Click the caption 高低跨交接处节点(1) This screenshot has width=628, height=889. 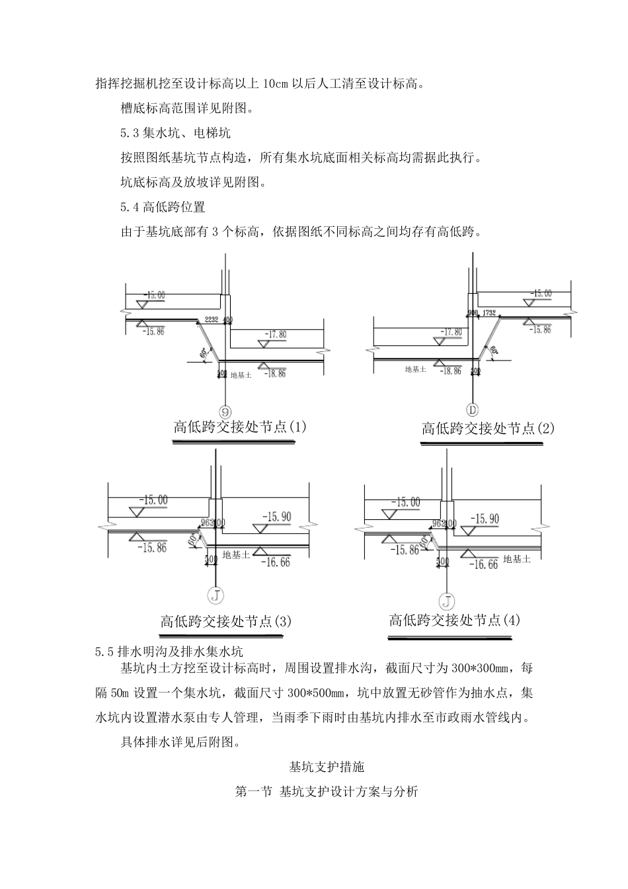[x=240, y=427]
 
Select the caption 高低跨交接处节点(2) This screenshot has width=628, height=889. [x=488, y=429]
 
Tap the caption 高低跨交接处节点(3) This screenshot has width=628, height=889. [x=226, y=622]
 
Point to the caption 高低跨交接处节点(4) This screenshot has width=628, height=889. [x=454, y=620]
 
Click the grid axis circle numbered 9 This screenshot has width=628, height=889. [x=225, y=409]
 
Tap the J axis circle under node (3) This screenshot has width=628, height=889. [x=215, y=595]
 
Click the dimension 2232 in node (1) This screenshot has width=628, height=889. [x=212, y=320]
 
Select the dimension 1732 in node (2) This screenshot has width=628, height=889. [x=489, y=312]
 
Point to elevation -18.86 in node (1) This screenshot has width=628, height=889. [x=274, y=374]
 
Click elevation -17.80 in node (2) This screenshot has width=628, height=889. [x=452, y=332]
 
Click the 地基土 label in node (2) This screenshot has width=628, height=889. [x=416, y=369]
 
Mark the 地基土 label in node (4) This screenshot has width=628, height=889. [x=517, y=560]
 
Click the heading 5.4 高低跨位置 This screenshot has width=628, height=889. [x=163, y=207]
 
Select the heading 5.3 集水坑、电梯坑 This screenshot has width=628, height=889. [x=175, y=134]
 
